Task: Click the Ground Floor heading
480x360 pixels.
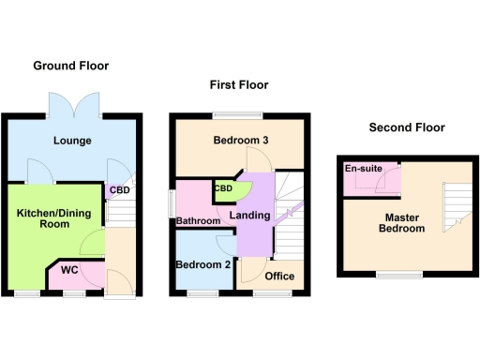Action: [x=71, y=66]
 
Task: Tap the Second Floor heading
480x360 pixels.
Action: [x=406, y=127]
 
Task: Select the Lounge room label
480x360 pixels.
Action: [x=71, y=142]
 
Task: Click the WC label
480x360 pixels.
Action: [x=68, y=270]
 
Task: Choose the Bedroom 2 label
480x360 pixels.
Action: [x=203, y=265]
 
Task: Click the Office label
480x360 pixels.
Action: [x=279, y=276]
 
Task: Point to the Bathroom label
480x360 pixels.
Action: [x=198, y=221]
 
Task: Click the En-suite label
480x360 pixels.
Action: [x=363, y=169]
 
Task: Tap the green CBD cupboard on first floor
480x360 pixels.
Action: [x=226, y=189]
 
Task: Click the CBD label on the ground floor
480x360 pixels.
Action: [x=120, y=191]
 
